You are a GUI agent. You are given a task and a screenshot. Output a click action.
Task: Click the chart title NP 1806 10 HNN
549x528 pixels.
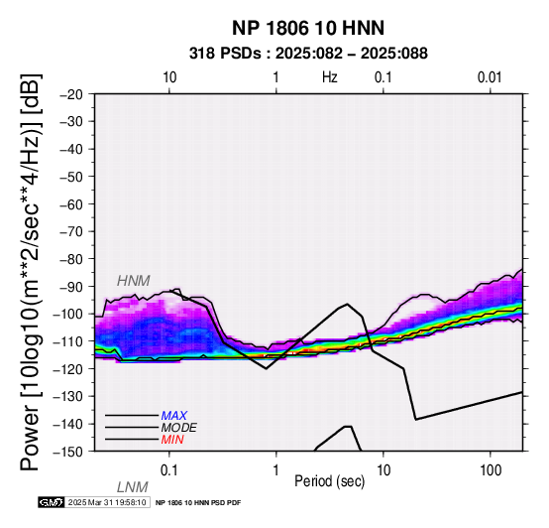pos(308,28)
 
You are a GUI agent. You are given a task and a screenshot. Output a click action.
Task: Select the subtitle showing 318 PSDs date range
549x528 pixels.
pos(308,54)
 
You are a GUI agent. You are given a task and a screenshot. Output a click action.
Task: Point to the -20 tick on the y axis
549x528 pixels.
pos(71,94)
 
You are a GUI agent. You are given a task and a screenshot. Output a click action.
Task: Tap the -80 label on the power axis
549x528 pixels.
pos(71,259)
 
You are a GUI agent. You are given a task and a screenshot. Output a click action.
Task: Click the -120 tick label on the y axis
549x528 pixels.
pos(68,369)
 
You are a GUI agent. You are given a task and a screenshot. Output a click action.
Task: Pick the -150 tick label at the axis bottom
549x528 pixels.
pos(68,452)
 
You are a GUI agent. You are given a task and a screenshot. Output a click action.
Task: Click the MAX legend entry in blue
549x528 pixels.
pos(174,416)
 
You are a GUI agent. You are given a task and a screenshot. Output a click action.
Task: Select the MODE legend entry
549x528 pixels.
pos(179,428)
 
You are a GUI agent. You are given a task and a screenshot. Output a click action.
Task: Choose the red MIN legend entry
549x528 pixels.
pos(172,440)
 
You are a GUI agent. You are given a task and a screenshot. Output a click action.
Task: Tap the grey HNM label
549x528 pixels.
pos(134,281)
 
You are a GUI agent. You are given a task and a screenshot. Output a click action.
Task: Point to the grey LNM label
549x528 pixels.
pos(133,487)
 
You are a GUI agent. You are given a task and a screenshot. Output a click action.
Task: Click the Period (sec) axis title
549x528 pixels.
pos(329,481)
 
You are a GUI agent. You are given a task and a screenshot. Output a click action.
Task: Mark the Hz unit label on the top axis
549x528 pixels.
pos(330,77)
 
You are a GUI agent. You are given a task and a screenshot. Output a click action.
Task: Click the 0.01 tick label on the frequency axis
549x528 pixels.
pos(490,77)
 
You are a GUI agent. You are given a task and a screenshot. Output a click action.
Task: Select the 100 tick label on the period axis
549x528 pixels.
pos(491,470)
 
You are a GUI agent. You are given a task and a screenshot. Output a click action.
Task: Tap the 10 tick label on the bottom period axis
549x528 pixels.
pos(384,470)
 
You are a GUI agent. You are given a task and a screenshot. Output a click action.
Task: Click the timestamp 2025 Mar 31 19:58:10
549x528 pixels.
pos(107,502)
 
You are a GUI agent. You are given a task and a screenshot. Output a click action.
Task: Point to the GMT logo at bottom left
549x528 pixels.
pos(52,502)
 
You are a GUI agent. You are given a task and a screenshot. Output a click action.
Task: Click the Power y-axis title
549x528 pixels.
pos(31,272)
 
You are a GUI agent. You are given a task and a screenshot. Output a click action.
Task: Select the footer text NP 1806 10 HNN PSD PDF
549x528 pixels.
pos(198,503)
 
